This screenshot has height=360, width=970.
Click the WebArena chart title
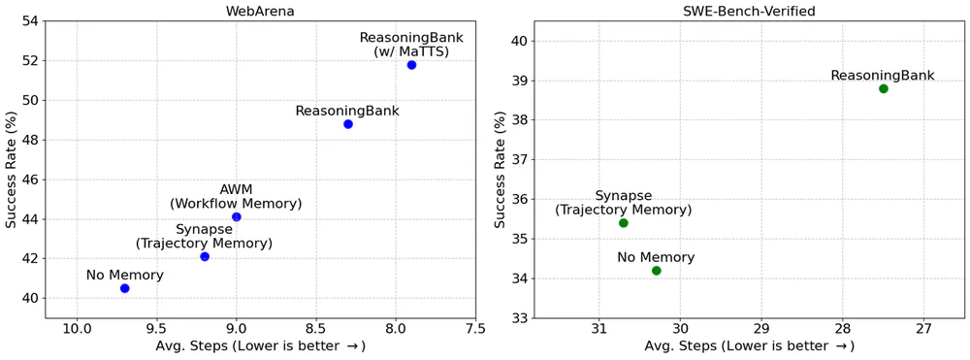[260, 10]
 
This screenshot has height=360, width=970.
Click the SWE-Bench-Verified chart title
[749, 10]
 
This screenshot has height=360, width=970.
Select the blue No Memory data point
[125, 288]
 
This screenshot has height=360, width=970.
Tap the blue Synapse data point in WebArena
[205, 256]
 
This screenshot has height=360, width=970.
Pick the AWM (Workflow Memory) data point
[237, 216]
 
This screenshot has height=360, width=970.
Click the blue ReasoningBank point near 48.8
[348, 124]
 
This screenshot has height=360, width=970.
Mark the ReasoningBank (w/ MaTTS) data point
[411, 65]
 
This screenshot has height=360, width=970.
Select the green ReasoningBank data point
[884, 88]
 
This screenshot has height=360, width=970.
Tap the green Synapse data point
[624, 223]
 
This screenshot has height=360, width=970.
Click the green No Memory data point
[657, 271]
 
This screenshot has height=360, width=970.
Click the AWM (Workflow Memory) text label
[236, 197]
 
